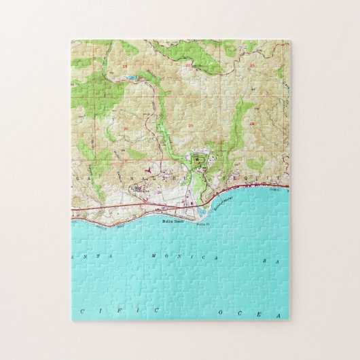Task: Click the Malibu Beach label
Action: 175,219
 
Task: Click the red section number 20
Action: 187,67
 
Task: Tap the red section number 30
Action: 126,127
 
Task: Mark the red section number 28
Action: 251,124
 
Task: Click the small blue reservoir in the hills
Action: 130,78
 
